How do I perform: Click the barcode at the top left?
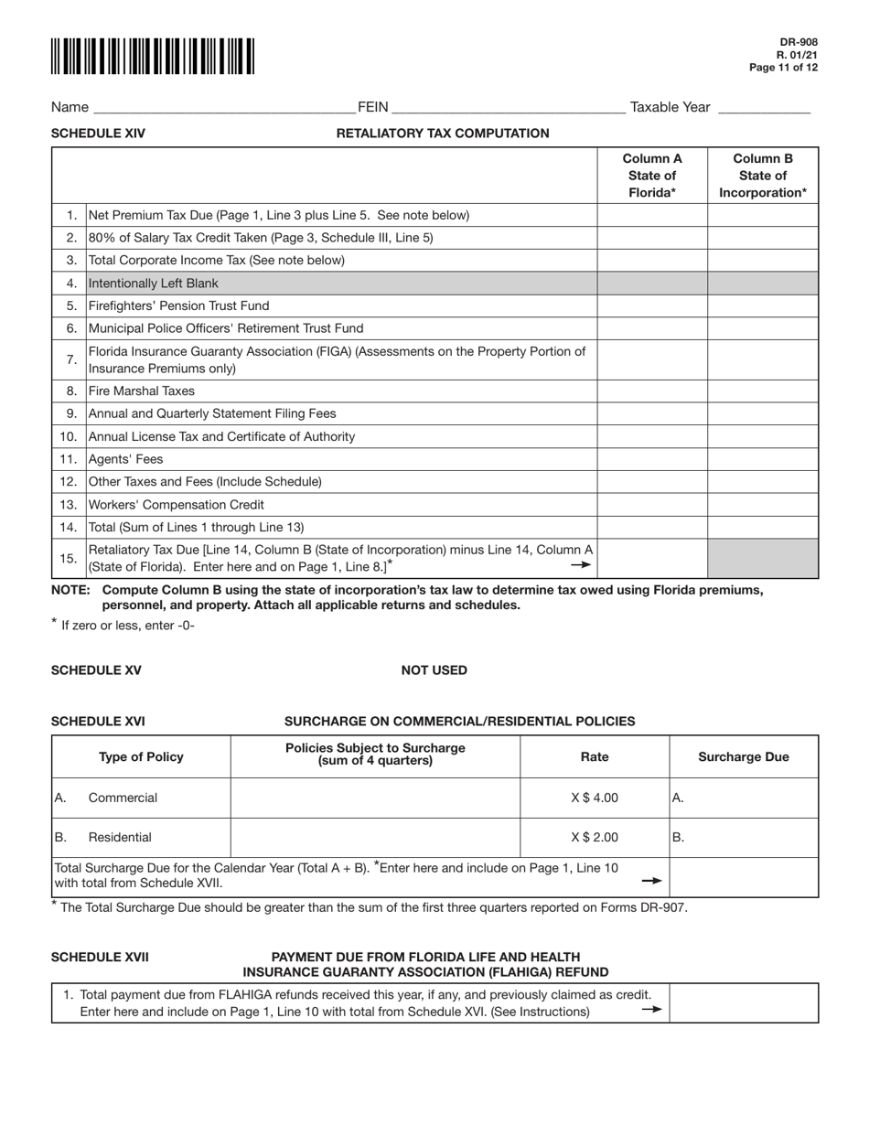tap(153, 57)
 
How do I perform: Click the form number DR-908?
tap(799, 42)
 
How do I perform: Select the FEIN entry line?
tap(508, 108)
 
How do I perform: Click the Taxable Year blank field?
tap(764, 108)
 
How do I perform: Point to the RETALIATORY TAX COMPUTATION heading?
tap(443, 134)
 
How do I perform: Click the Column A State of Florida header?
tap(652, 175)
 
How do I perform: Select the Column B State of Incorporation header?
tap(763, 175)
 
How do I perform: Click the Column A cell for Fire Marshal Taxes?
tap(652, 391)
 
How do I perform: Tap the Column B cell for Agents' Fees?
tap(763, 459)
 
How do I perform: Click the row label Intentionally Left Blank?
tap(154, 284)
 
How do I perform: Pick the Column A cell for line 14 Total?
tap(652, 527)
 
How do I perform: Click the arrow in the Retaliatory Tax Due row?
tap(581, 565)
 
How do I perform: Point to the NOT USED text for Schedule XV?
tap(434, 670)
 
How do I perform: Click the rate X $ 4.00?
tap(595, 798)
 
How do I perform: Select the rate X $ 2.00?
tap(595, 837)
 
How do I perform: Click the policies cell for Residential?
tap(375, 837)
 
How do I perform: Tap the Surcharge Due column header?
tap(744, 757)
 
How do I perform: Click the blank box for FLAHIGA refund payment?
tap(744, 1003)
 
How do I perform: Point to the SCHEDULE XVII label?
tap(101, 958)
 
